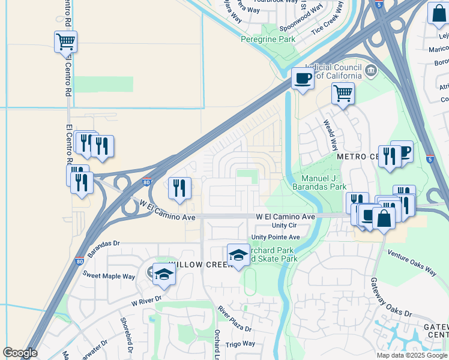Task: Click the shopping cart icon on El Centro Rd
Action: (65, 43)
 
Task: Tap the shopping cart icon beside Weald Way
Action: (343, 94)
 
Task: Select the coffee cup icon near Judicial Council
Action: (303, 79)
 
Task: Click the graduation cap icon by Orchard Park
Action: (238, 255)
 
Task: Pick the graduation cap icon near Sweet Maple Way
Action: (163, 275)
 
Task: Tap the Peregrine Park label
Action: (268, 39)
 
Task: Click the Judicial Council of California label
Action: (334, 71)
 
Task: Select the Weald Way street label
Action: (331, 135)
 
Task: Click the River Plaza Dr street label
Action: (235, 319)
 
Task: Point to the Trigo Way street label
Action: (240, 344)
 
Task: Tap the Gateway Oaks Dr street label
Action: (390, 298)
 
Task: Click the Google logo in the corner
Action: (20, 353)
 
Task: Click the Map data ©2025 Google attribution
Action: (412, 355)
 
